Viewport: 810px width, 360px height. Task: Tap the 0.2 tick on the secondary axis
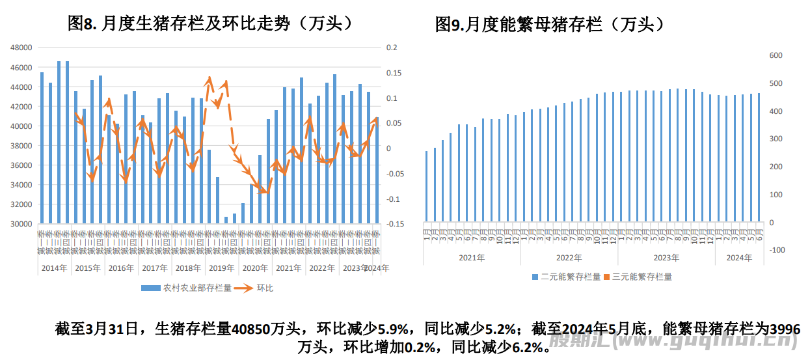pyautogui.click(x=391, y=48)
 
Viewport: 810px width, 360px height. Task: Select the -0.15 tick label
pyautogui.click(x=394, y=224)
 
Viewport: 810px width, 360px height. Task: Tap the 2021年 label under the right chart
pyautogui.click(x=472, y=258)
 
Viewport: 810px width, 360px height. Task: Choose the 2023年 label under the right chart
pyautogui.click(x=666, y=258)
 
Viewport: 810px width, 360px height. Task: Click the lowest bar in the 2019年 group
pyautogui.click(x=226, y=220)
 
